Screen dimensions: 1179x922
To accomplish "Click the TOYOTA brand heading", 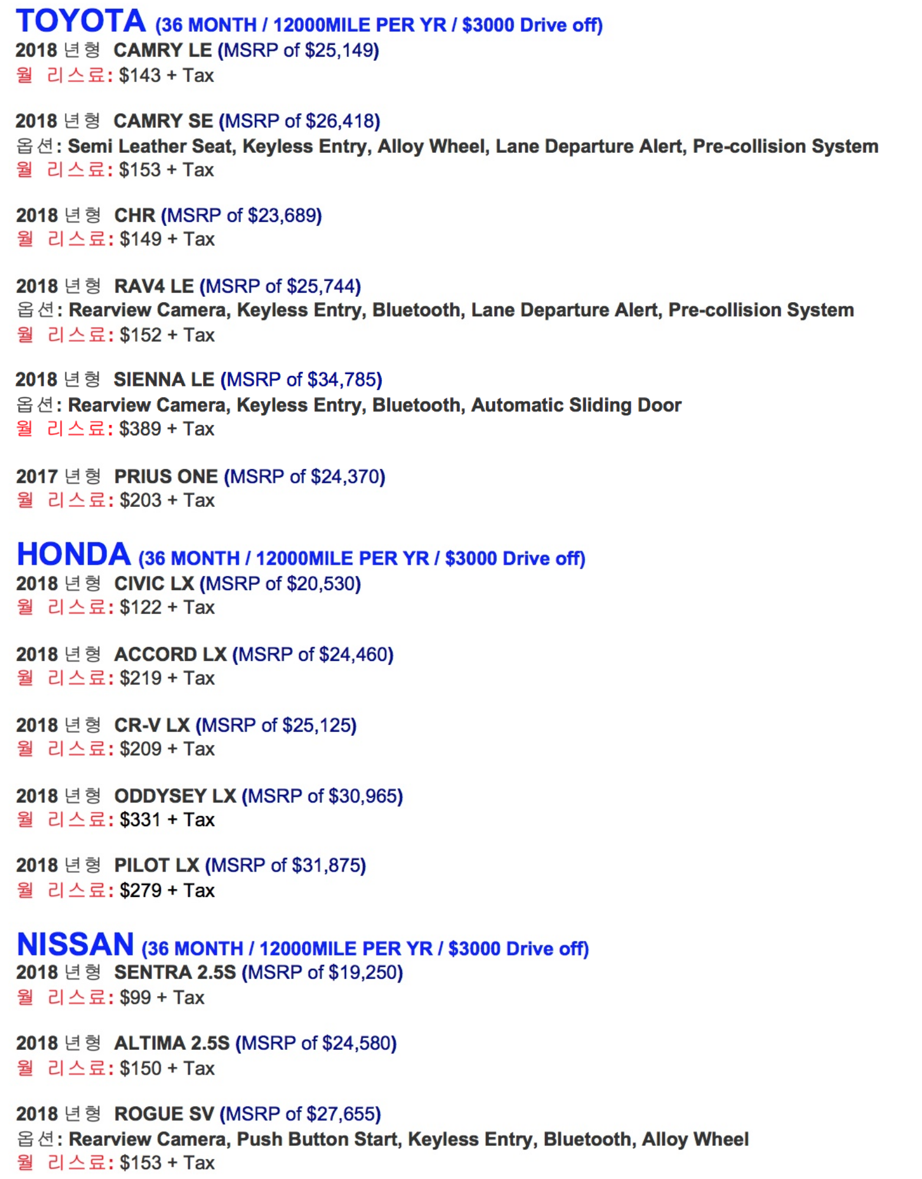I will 81,21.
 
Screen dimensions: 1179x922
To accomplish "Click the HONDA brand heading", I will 74,555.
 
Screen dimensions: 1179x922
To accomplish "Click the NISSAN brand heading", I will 76,944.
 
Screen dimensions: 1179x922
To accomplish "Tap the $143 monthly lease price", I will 140,76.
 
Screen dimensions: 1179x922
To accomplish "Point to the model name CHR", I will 135,216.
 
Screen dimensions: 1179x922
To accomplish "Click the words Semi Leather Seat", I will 151,146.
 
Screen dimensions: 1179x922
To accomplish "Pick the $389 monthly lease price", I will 140,429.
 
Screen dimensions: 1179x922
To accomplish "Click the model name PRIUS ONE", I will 166,477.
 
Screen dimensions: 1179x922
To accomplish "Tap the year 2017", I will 37,477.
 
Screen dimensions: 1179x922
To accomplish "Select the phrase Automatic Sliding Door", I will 576,405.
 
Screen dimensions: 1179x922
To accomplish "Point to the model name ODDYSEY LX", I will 175,797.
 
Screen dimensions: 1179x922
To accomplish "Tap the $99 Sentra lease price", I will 135,998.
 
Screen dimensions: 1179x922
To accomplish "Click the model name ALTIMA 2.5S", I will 172,1044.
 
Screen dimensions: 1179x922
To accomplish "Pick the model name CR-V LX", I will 152,726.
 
